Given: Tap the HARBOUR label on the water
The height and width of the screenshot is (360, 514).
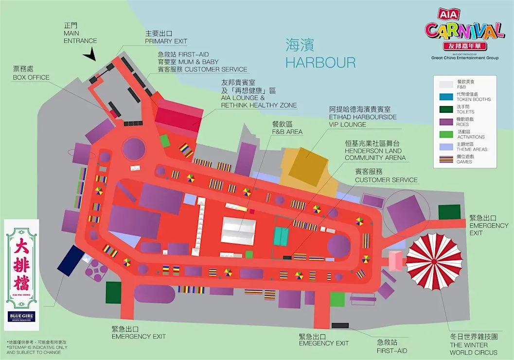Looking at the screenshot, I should tap(320, 62).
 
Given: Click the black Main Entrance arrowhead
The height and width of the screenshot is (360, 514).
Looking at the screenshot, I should tap(89, 56).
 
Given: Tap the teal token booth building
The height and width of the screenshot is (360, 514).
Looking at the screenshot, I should tap(281, 236).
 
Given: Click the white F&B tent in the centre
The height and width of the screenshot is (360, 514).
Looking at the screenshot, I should tap(238, 232).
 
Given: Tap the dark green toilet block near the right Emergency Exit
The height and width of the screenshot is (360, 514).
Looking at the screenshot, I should tap(449, 212).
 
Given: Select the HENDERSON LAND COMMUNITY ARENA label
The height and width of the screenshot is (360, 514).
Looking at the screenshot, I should tap(375, 151).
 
